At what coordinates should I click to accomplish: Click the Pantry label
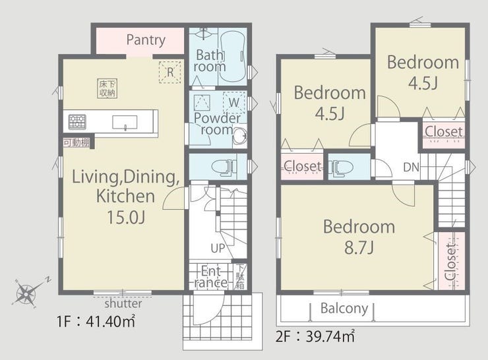point(146,40)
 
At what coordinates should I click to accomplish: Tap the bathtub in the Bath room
point(233,57)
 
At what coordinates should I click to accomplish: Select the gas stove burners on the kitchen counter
point(77,122)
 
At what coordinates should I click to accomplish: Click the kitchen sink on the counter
point(125,122)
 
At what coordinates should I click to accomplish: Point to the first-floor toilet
point(224,166)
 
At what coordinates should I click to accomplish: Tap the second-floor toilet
point(341,167)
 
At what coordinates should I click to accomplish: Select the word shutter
point(123,303)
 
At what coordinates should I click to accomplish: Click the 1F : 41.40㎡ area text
point(96,321)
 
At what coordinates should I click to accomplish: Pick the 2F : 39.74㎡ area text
point(315,336)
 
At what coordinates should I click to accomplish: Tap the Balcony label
point(344,309)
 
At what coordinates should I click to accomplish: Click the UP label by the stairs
point(218,248)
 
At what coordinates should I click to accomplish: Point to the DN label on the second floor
point(411,167)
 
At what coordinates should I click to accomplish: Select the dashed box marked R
point(170,72)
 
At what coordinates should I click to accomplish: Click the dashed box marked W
point(234,102)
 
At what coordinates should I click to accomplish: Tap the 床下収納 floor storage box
point(107,88)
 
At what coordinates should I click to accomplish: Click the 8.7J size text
point(359,248)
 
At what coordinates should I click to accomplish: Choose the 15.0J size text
point(126,217)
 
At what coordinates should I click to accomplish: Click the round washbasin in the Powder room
point(240,135)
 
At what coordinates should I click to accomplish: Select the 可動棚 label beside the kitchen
point(76,143)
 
